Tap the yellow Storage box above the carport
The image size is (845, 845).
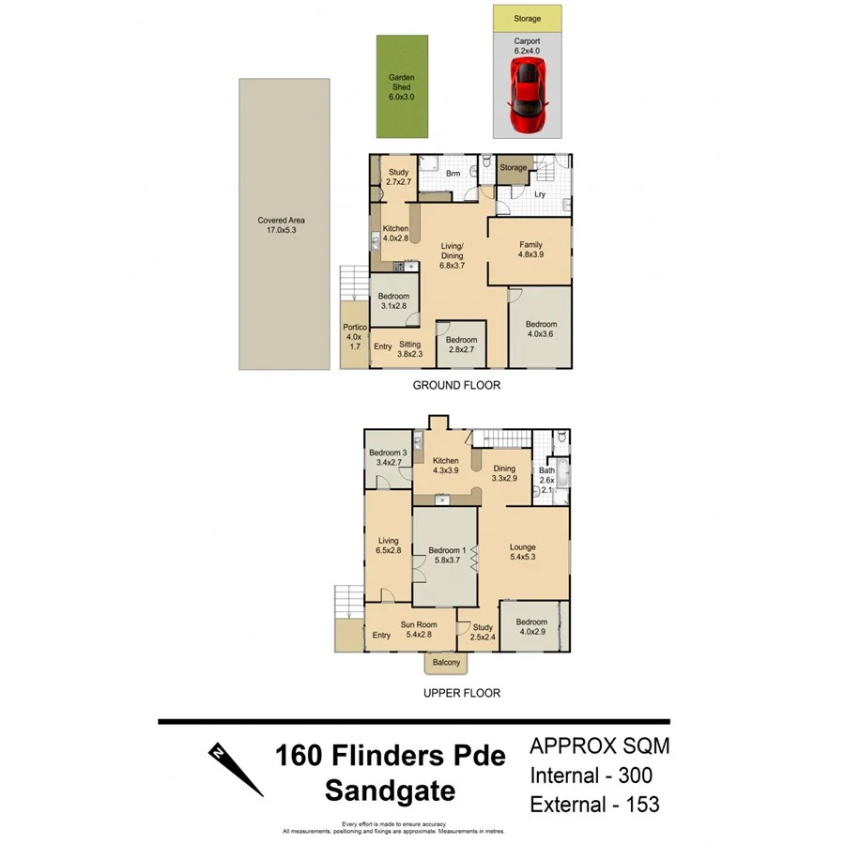[x=527, y=18]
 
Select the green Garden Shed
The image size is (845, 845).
[x=401, y=85]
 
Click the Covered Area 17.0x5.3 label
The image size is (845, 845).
[x=282, y=225]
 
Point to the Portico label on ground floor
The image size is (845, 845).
[x=354, y=336]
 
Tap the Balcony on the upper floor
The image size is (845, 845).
[x=446, y=663]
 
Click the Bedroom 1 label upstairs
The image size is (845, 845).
[x=446, y=555]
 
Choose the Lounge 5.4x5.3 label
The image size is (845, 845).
[x=523, y=552]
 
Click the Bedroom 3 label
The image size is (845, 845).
[x=387, y=457]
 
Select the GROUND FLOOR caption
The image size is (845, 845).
[x=456, y=385]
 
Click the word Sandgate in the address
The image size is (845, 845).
[x=390, y=791]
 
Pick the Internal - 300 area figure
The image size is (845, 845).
[x=591, y=776]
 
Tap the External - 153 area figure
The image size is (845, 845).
[x=594, y=805]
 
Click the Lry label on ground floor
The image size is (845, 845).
[x=540, y=194]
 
